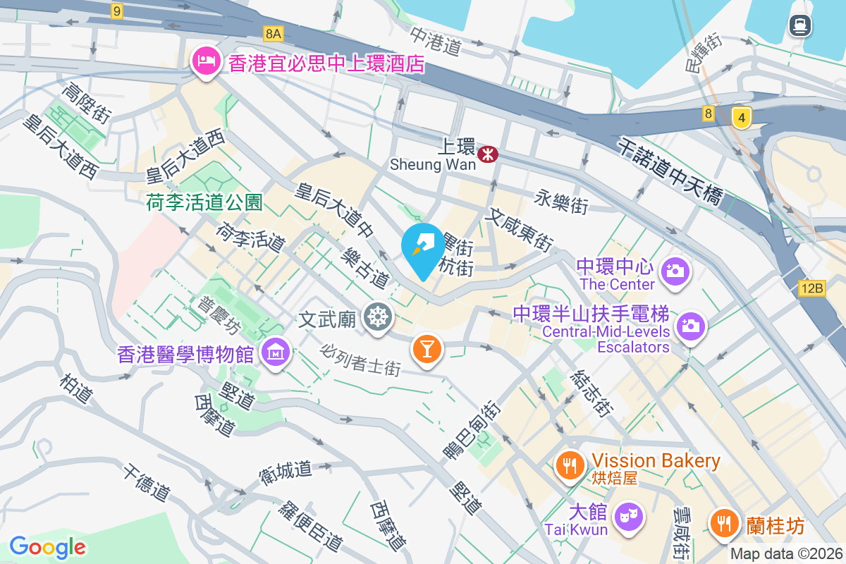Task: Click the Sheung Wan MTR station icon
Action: (486, 154)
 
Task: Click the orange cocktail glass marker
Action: (427, 348)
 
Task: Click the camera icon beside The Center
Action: (675, 270)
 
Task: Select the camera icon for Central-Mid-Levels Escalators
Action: (690, 325)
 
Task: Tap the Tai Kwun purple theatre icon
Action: (625, 515)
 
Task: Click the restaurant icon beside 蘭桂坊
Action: (723, 524)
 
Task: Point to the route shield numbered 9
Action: (116, 11)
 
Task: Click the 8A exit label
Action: (274, 33)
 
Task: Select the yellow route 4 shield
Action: (740, 117)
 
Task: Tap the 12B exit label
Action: (812, 288)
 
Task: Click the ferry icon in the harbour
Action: (800, 26)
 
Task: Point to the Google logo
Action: (47, 546)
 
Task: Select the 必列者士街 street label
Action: (360, 359)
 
